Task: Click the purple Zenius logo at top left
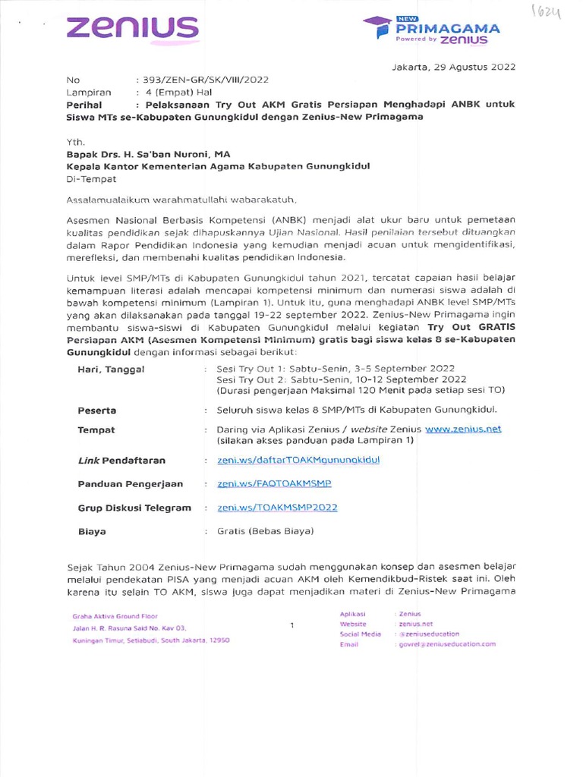coord(132,30)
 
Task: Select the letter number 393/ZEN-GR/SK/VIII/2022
coord(201,79)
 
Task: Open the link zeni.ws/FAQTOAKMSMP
coord(274,483)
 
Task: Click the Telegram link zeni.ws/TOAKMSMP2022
coord(277,508)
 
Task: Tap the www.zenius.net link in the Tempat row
coord(463,429)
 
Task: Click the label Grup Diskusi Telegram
coord(134,508)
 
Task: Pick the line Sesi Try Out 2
coord(342,379)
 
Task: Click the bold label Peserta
coord(97,410)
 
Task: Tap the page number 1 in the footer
coord(291,625)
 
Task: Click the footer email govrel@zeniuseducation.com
coord(446,643)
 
